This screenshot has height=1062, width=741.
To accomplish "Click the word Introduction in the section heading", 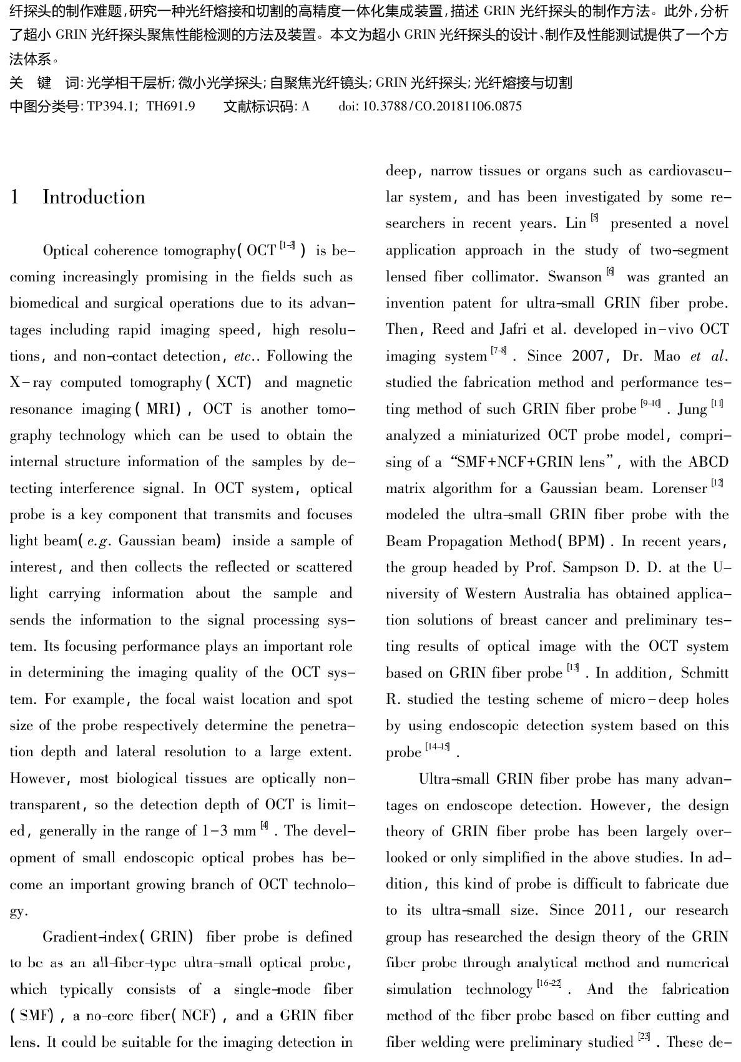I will (94, 197).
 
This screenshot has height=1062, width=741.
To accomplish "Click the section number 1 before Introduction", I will (15, 197).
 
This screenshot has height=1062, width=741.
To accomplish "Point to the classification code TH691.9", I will (170, 106).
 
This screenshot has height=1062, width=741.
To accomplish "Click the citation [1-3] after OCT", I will (287, 246).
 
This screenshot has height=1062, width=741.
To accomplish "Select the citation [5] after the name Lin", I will (594, 218).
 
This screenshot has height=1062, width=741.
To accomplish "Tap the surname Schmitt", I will (705, 673).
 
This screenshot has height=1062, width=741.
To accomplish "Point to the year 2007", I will (587, 356).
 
